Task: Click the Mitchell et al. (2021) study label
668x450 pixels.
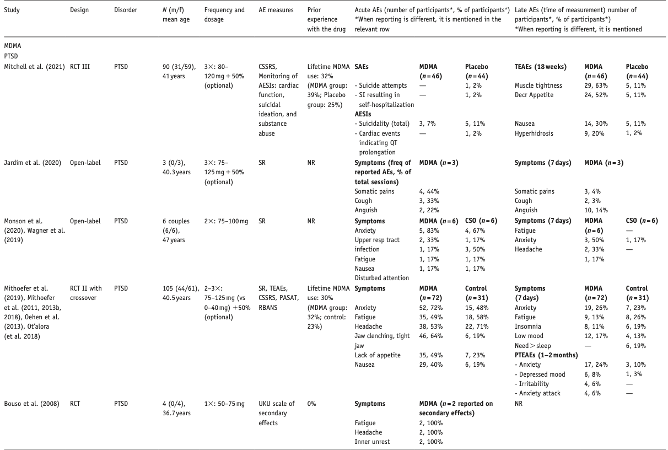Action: click(34, 66)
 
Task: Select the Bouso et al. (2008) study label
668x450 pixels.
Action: click(28, 403)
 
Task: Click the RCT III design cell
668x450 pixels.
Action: click(80, 66)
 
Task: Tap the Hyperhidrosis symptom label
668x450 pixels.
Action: click(534, 133)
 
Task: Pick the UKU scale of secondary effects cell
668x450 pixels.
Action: click(276, 408)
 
